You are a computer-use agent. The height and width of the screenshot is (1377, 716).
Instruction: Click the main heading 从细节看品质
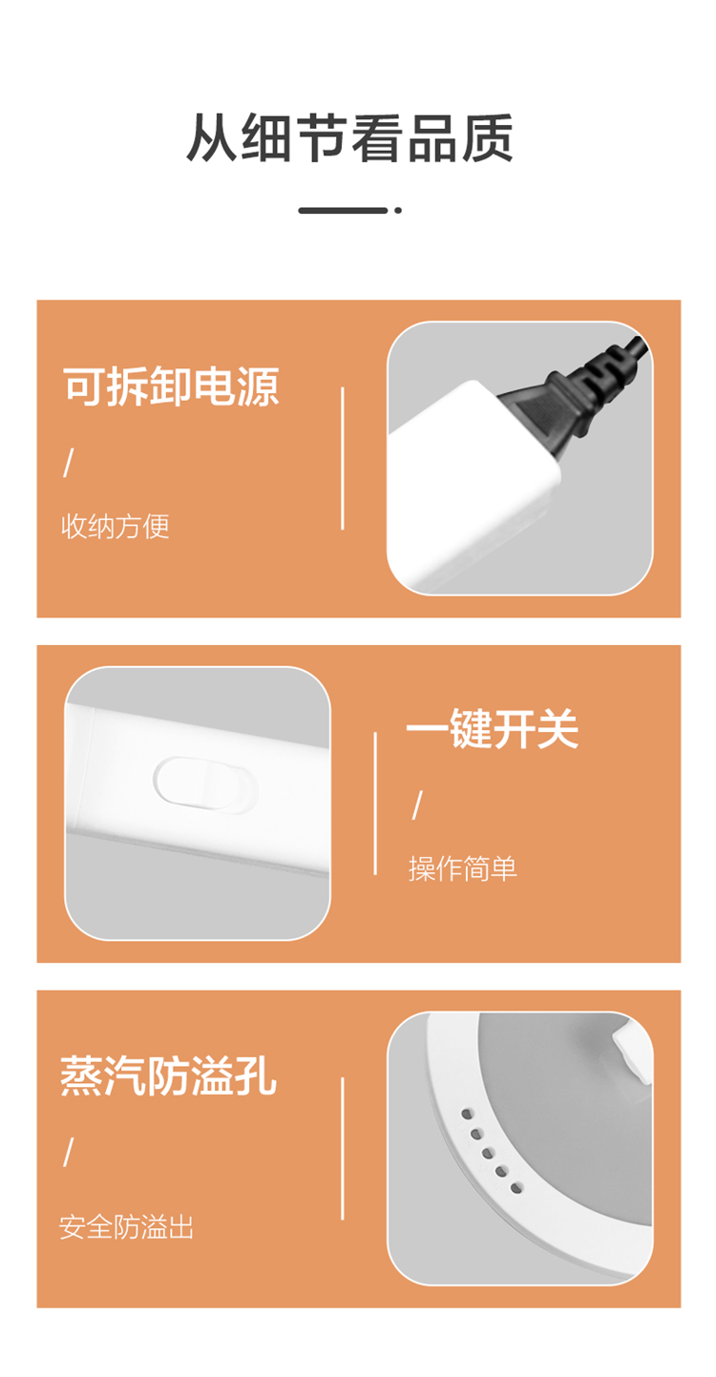click(x=349, y=137)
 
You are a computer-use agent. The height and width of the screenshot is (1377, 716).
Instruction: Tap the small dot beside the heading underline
click(x=398, y=210)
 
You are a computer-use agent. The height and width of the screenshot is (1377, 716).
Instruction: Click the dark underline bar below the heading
click(x=343, y=210)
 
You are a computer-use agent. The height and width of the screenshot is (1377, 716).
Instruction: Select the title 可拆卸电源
click(x=171, y=386)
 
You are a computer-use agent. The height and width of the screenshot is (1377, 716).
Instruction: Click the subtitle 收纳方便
click(x=115, y=526)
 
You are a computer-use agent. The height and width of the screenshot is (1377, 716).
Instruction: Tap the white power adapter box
click(x=473, y=485)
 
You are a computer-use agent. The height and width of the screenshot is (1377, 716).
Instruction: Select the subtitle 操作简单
click(x=463, y=868)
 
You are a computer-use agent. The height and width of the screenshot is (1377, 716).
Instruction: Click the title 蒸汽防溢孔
click(x=168, y=1075)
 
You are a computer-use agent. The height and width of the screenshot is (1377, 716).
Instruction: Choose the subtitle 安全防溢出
click(x=126, y=1227)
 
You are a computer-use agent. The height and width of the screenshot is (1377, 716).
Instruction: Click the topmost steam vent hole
click(x=468, y=1114)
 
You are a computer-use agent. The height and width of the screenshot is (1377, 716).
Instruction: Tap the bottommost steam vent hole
click(x=516, y=1188)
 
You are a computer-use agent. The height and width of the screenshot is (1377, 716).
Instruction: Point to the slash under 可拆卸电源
click(x=69, y=462)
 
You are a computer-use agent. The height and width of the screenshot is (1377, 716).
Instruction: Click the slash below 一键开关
click(x=417, y=804)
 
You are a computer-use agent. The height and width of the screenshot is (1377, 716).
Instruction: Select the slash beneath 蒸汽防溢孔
click(x=69, y=1152)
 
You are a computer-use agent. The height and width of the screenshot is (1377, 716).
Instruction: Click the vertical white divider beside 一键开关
click(x=375, y=803)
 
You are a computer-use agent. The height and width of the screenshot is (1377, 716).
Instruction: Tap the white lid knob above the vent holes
click(x=632, y=1051)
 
